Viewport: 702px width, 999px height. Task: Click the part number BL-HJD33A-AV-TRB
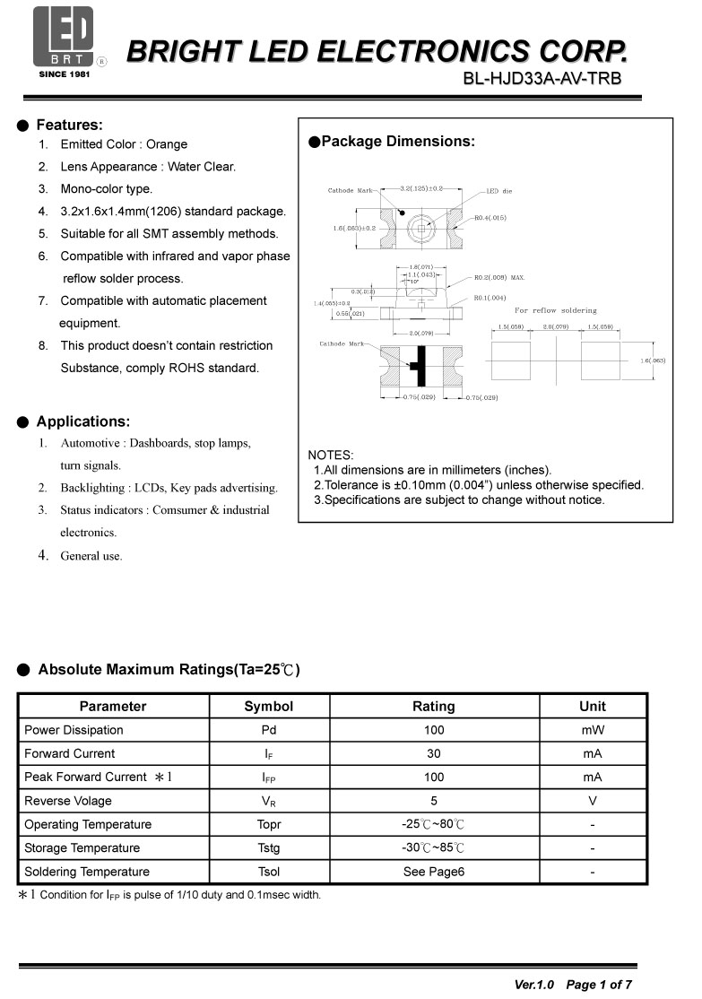point(542,78)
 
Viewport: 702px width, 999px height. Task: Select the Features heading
point(69,125)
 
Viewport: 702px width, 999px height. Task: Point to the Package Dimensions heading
point(397,142)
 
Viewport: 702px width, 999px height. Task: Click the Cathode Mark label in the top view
point(351,191)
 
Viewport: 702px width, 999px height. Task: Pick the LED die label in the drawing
point(499,191)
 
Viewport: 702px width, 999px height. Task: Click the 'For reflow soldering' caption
point(555,310)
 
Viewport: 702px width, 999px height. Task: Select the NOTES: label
point(331,456)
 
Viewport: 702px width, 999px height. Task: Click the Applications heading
point(82,421)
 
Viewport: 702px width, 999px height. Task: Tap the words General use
point(91,556)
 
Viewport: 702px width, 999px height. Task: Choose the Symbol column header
point(269,707)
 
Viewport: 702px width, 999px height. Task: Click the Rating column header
point(434,707)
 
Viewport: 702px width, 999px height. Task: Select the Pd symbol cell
point(269,730)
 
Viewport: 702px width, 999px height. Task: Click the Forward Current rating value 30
point(434,753)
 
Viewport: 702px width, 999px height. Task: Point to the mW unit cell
point(593,730)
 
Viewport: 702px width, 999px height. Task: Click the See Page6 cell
point(434,872)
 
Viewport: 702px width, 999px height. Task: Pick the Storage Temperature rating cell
point(434,848)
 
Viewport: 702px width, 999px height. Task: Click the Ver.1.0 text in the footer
point(533,985)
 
